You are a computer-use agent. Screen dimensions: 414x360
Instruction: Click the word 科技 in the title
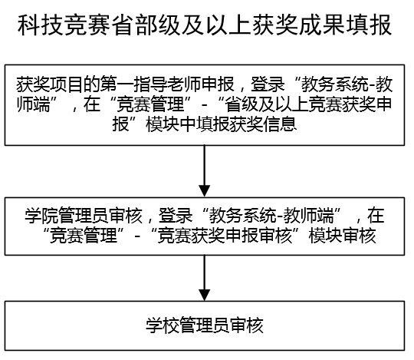[41, 25]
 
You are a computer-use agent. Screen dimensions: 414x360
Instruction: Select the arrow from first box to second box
[205, 170]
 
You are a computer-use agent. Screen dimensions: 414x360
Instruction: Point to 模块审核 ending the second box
[342, 235]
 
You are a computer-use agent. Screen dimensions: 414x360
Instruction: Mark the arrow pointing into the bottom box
[205, 278]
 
